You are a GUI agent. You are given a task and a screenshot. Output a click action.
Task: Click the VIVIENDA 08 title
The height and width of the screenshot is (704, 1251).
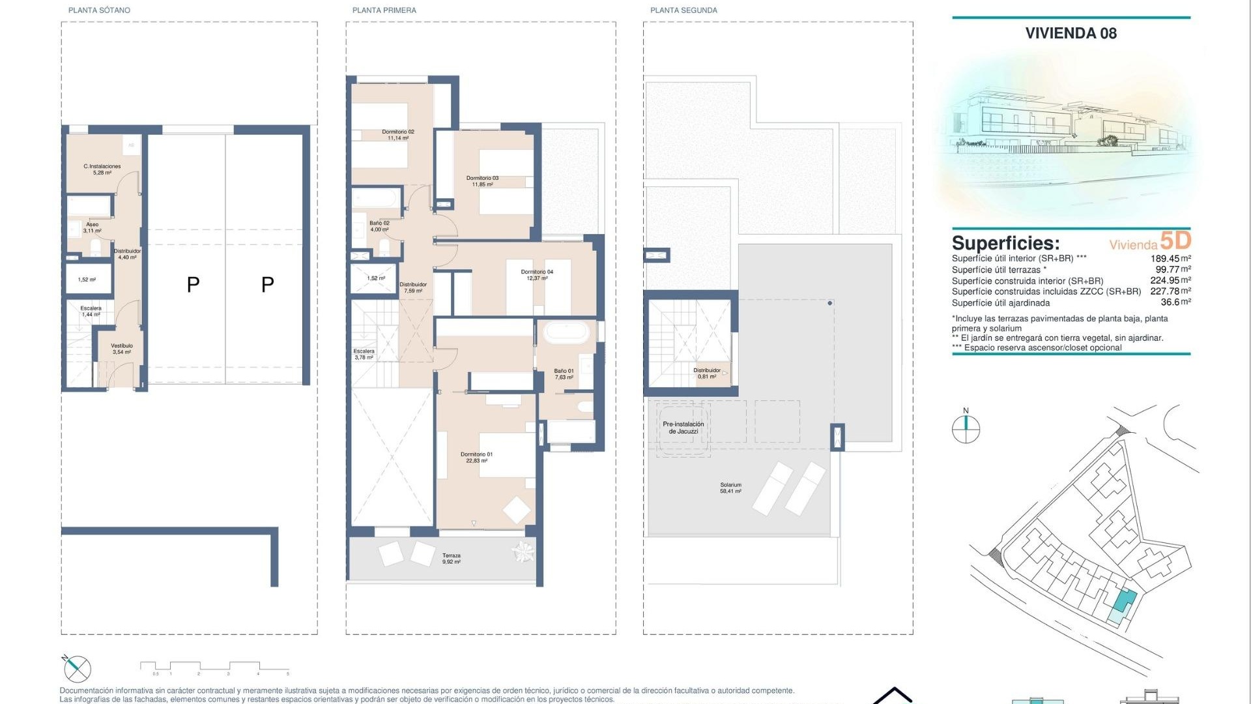click(x=1071, y=33)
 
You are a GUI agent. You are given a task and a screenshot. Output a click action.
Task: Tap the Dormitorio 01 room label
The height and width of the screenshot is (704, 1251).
click(x=476, y=458)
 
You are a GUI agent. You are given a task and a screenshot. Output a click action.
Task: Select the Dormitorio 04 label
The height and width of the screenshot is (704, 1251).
click(x=537, y=275)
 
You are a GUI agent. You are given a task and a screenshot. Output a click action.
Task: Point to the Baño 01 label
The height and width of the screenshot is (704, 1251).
click(x=564, y=374)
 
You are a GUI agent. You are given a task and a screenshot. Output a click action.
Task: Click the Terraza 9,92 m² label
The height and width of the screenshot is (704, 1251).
click(x=451, y=559)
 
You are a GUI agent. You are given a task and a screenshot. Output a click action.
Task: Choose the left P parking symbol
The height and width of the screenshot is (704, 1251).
click(x=193, y=285)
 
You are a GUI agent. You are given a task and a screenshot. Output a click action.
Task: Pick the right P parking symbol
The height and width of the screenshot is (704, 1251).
click(x=267, y=285)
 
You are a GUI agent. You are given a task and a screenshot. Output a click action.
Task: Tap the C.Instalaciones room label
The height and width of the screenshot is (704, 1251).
click(x=102, y=169)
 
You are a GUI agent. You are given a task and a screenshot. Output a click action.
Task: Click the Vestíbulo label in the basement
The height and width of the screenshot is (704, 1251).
click(x=122, y=349)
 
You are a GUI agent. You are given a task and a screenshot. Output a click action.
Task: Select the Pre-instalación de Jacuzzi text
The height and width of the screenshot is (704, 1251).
click(x=683, y=428)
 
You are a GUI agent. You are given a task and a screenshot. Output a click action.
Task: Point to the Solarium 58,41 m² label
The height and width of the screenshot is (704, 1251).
click(x=730, y=488)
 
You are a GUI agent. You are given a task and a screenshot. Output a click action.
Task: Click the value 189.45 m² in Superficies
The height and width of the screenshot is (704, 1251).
click(x=1170, y=259)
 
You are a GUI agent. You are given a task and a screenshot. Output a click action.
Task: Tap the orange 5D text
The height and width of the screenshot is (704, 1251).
click(x=1175, y=241)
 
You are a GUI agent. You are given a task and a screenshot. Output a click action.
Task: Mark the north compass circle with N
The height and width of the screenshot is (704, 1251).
click(x=966, y=429)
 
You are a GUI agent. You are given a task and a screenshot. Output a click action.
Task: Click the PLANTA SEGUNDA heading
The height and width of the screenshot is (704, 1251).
click(x=683, y=10)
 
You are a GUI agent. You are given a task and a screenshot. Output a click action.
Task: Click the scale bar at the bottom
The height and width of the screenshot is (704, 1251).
click(x=214, y=666)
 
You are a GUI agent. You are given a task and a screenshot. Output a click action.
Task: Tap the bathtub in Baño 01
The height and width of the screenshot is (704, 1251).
click(x=566, y=332)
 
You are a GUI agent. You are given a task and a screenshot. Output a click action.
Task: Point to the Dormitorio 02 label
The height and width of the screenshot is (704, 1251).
click(x=397, y=135)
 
